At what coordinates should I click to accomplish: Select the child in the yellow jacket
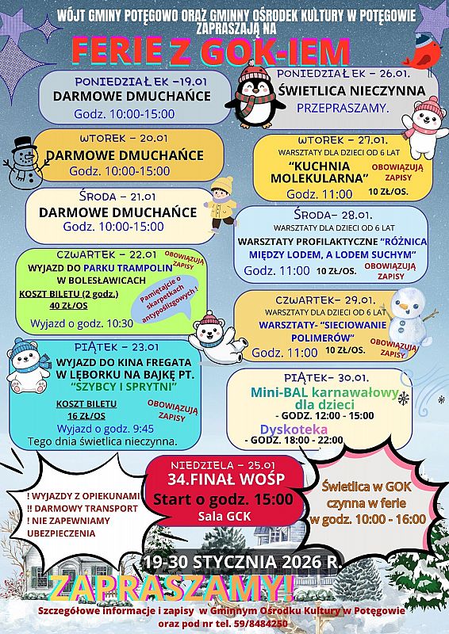(x=221, y=203)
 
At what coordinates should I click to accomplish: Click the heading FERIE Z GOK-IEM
(x=211, y=52)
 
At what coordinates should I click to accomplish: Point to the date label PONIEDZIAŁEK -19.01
(x=131, y=80)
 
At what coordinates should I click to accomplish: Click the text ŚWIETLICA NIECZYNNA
(x=351, y=90)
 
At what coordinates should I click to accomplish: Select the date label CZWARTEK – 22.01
(x=106, y=254)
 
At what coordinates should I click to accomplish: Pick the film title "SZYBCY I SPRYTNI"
(x=122, y=386)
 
